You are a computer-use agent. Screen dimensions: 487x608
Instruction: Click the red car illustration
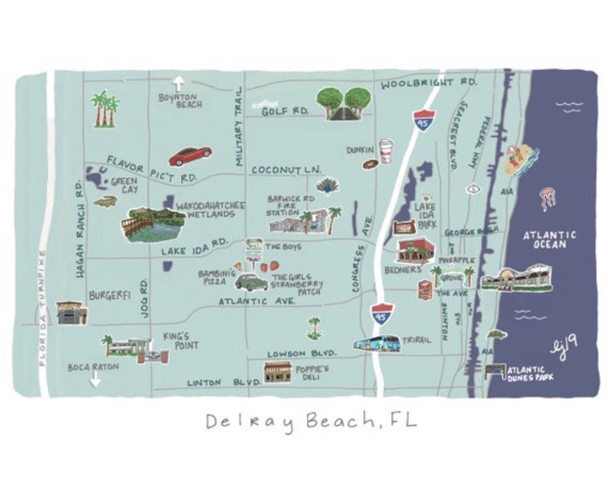(x=190, y=156)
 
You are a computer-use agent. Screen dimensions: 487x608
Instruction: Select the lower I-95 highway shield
(x=380, y=313)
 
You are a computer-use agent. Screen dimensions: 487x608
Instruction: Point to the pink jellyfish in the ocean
(x=547, y=198)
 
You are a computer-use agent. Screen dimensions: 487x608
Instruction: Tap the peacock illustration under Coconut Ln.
(x=328, y=186)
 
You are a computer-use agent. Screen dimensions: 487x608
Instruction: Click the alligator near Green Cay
(x=105, y=202)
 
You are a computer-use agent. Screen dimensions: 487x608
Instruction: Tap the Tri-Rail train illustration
(x=377, y=343)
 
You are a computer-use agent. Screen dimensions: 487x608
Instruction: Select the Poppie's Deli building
(x=277, y=372)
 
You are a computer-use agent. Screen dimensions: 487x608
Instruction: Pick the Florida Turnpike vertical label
(x=42, y=308)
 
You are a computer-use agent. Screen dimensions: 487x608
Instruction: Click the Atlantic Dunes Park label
(x=529, y=374)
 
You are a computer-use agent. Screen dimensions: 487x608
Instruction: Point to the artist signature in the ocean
(x=564, y=344)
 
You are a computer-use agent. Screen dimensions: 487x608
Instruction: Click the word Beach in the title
(x=339, y=421)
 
